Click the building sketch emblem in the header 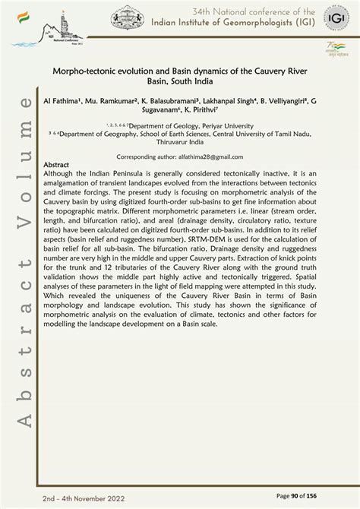point(127,17)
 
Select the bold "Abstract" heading point(58,164)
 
